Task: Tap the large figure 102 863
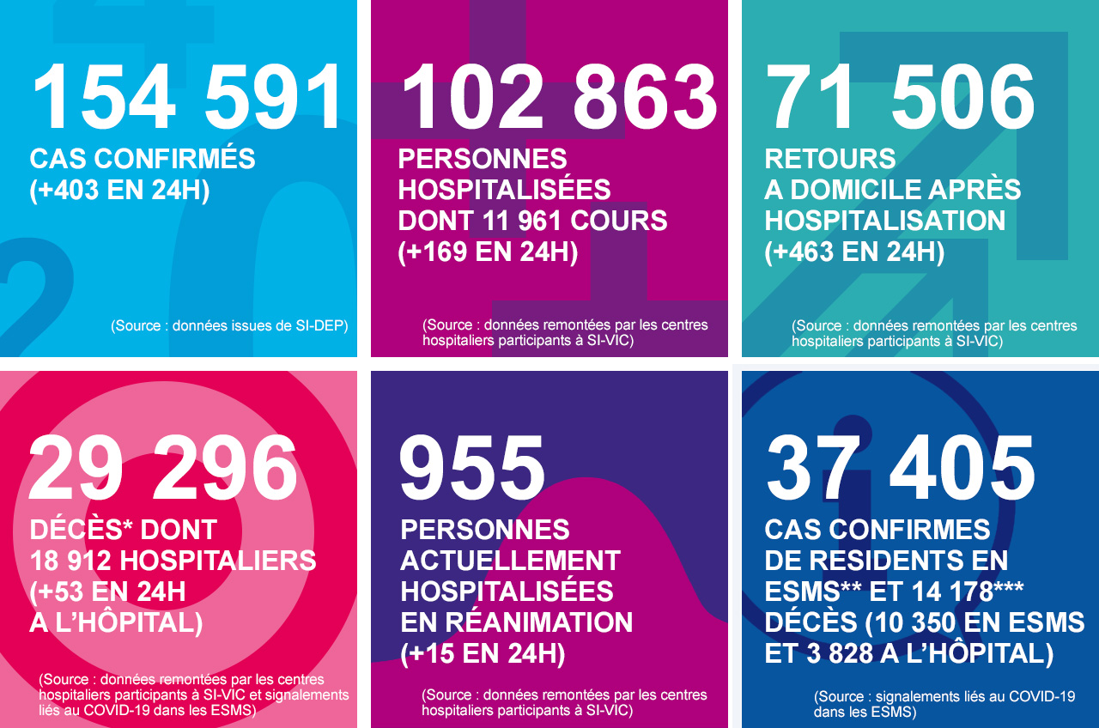[558, 98]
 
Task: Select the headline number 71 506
[902, 98]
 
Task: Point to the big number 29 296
[163, 469]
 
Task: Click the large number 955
[472, 469]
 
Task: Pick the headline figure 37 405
[902, 469]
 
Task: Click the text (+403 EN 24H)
[119, 190]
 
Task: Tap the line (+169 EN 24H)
[488, 252]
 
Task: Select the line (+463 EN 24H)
[854, 252]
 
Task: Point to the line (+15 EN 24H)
[483, 653]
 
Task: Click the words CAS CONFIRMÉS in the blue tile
[143, 159]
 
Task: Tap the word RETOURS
[830, 159]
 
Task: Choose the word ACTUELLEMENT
[510, 561]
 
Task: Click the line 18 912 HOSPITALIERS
[173, 561]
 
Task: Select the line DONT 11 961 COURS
[532, 221]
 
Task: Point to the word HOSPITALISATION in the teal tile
[885, 221]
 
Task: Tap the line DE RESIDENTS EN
[887, 561]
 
